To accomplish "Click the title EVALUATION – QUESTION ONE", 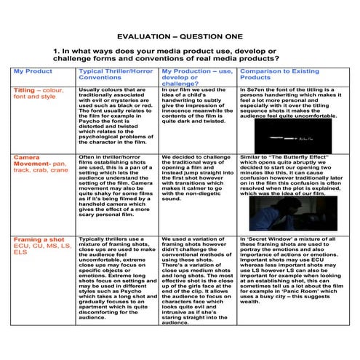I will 179,33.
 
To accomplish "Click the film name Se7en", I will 256,90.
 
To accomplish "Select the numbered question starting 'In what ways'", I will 179,56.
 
